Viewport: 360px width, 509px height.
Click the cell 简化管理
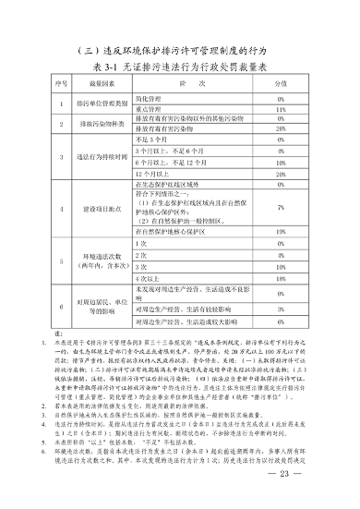[x=150, y=97]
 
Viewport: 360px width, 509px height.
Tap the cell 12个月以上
[x=153, y=173]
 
